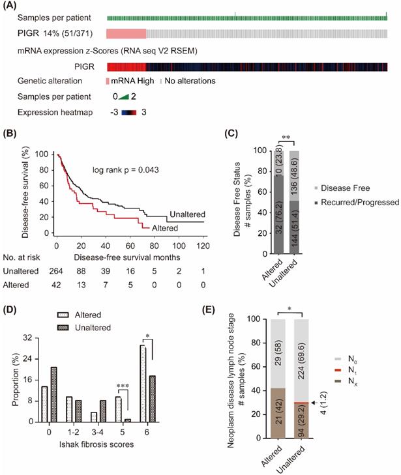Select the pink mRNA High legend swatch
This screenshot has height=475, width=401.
tap(108, 81)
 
